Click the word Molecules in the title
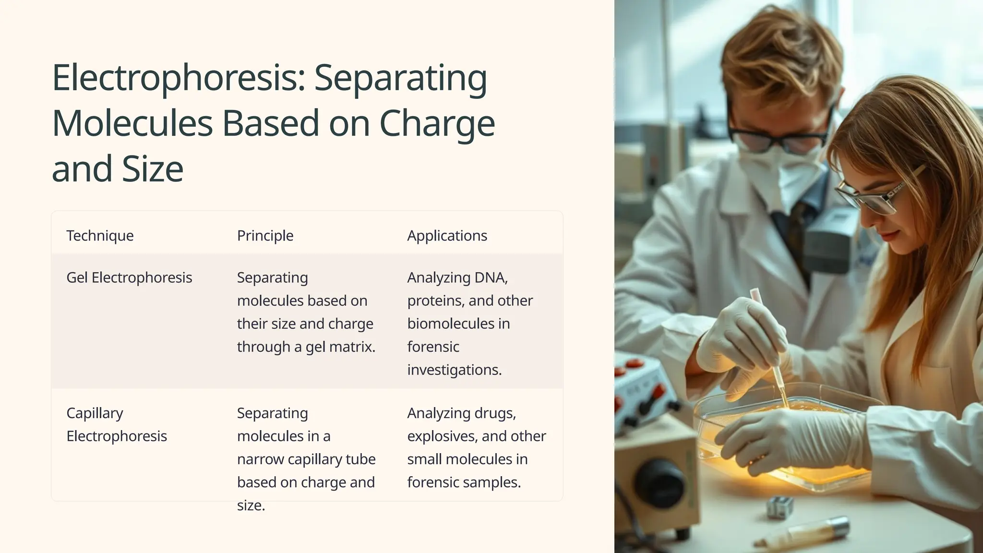(x=132, y=123)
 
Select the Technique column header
(x=100, y=236)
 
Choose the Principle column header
(x=265, y=236)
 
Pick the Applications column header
(x=447, y=236)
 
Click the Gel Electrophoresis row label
(x=129, y=277)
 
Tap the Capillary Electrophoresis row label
(x=117, y=424)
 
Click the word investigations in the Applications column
(x=454, y=370)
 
